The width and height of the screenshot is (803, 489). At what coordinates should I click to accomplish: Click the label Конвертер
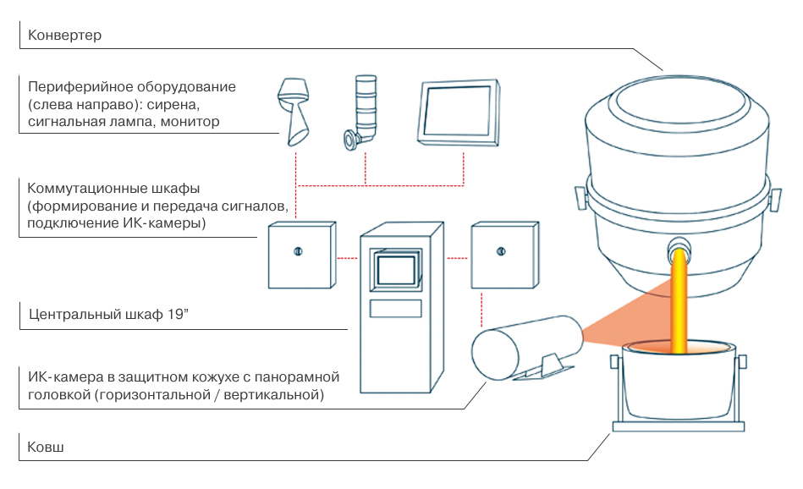click(x=64, y=36)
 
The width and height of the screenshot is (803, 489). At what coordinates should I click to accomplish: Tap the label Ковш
click(x=46, y=446)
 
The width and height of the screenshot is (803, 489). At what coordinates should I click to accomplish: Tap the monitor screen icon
click(x=458, y=110)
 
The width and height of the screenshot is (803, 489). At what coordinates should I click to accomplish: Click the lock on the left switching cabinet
click(x=297, y=251)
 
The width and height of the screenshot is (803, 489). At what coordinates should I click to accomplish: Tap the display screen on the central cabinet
click(x=396, y=269)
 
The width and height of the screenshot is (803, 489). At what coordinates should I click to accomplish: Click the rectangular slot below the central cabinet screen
click(x=396, y=307)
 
